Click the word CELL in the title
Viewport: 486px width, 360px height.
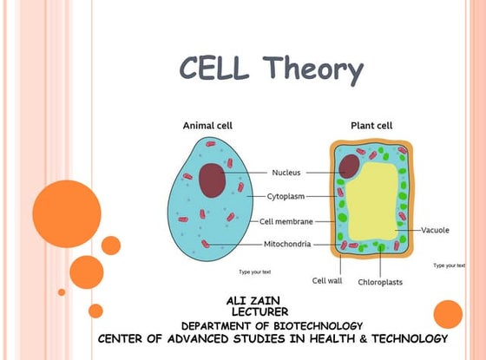(x=216, y=68)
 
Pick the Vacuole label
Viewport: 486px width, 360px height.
(x=435, y=230)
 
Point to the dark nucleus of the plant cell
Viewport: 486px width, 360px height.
(x=350, y=165)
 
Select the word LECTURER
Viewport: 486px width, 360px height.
(x=259, y=311)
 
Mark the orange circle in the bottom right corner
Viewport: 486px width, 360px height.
(x=448, y=313)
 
